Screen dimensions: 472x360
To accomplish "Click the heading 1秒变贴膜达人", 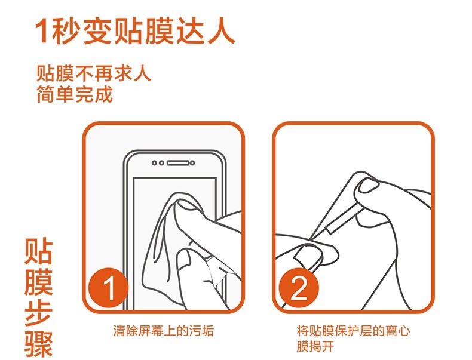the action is [x=134, y=32].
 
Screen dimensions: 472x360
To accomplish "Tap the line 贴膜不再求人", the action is [x=93, y=73].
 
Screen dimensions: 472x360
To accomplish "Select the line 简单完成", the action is [x=74, y=94].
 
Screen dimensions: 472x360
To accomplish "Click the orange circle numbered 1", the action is [x=108, y=288].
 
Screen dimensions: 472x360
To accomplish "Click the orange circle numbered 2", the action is [x=299, y=288].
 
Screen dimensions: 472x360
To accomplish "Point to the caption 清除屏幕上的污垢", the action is [x=164, y=331].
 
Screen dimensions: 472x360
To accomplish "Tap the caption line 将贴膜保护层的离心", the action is [x=353, y=331].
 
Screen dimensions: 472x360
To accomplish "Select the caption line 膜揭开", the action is [x=315, y=346].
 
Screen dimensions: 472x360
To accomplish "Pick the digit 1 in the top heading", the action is [x=43, y=32].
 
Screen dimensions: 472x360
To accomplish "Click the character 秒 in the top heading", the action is [x=66, y=32].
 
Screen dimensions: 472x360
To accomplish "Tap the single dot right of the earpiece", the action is [x=192, y=163].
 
